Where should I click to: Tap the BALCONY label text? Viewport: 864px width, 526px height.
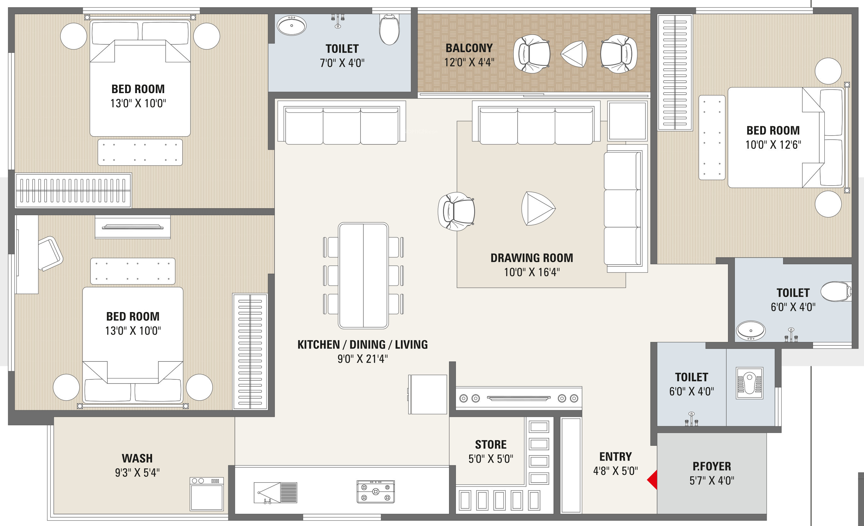pos(469,48)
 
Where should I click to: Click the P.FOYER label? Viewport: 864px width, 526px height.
pos(712,467)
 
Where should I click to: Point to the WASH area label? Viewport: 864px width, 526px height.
pos(137,458)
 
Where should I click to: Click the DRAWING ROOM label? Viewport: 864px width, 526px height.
pos(531,258)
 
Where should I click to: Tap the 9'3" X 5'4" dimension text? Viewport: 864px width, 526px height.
pos(137,473)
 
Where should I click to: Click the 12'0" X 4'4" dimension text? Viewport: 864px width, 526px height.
pos(469,62)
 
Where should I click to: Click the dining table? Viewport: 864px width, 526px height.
pos(363,276)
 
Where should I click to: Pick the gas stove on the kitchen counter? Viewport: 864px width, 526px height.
pos(376,492)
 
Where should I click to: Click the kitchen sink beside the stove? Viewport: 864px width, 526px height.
pos(276,493)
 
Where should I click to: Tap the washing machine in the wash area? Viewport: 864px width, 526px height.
pos(207,493)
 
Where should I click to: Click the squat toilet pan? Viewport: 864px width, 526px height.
pos(750,383)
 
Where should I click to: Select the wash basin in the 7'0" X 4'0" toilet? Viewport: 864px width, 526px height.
pos(291,25)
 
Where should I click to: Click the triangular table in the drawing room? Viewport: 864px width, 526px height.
pos(538,209)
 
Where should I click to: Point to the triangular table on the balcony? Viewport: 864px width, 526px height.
pos(574,54)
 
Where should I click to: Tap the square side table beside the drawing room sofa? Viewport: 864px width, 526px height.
pos(627,121)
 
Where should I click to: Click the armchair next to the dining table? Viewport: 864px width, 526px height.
pos(456,211)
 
